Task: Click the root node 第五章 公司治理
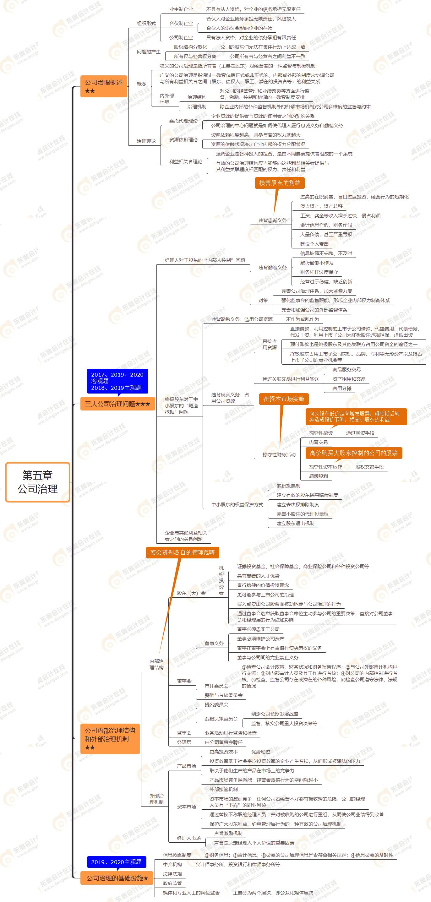(x=37, y=482)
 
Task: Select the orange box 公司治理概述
(x=104, y=86)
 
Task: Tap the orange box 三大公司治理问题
(x=117, y=404)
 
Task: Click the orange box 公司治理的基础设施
(x=117, y=878)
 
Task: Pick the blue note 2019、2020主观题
(x=116, y=862)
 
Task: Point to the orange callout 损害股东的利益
(x=279, y=183)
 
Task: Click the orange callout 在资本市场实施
(x=284, y=399)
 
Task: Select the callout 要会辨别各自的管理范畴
(x=183, y=552)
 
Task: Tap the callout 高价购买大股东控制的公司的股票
(x=354, y=453)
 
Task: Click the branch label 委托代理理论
(x=183, y=121)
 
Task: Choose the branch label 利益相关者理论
(x=186, y=161)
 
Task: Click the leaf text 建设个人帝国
(x=314, y=244)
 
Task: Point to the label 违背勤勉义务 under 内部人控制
(x=272, y=268)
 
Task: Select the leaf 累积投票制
(x=288, y=486)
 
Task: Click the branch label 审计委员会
(x=216, y=686)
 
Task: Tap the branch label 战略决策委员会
(x=221, y=719)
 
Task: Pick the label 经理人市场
(x=189, y=838)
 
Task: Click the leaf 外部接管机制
(x=223, y=789)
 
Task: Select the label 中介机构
(x=172, y=865)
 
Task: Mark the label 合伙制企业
(x=181, y=24)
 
